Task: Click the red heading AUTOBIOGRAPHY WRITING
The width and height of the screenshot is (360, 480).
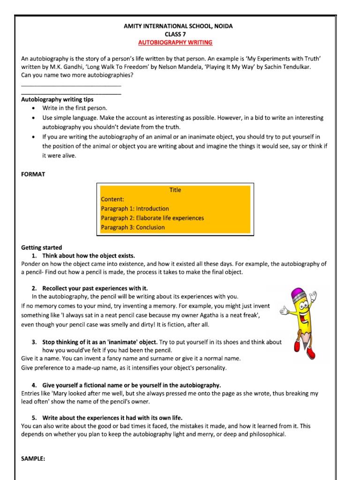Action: (175, 42)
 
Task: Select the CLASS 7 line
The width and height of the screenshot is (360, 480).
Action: (175, 34)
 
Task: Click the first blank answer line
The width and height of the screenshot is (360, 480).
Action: (71, 86)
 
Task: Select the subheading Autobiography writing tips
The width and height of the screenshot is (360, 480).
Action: (57, 99)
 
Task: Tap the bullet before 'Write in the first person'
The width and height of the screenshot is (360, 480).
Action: (32, 108)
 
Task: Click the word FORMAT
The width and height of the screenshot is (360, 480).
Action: (33, 174)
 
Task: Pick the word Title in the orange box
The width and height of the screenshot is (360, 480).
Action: (175, 190)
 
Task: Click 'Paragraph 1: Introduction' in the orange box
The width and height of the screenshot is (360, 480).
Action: (135, 209)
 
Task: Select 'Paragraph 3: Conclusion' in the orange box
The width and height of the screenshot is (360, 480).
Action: (133, 227)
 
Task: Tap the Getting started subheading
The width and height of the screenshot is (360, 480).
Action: (42, 247)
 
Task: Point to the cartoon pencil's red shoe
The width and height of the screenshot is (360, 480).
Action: (297, 346)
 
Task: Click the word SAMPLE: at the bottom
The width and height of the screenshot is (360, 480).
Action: (33, 459)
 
